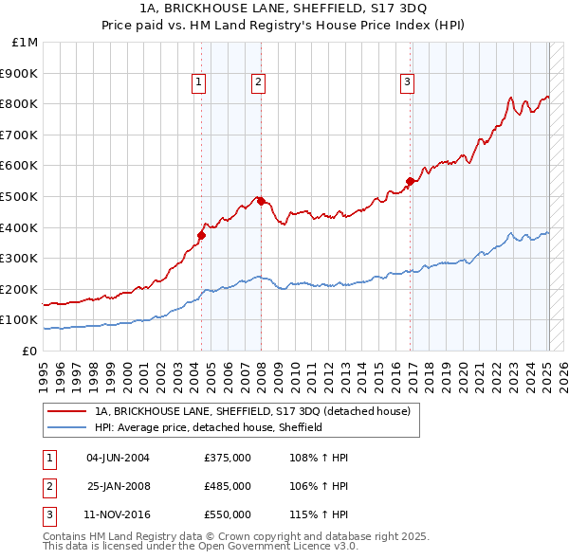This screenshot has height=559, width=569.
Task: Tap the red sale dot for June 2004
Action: point(201,235)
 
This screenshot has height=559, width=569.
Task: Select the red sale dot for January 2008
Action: point(261,201)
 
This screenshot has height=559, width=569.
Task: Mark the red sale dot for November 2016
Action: point(411,181)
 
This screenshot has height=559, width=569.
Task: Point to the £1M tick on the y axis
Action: point(25,42)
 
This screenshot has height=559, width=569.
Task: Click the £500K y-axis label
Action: point(19,196)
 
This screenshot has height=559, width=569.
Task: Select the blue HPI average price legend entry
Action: point(209,427)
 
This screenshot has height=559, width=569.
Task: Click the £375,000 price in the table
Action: point(227,458)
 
